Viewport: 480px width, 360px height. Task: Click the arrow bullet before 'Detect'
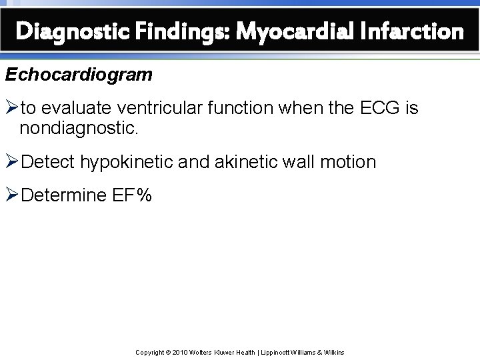tap(13, 162)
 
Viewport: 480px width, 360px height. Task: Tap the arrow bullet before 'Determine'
tap(13, 196)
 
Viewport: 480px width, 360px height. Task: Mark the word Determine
tap(62, 196)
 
